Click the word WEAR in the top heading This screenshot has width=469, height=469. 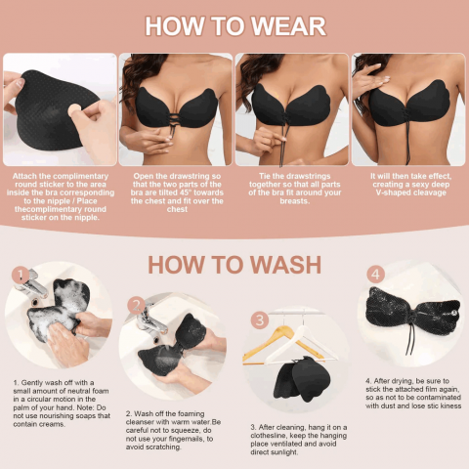point(288,26)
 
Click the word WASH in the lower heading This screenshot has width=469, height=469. point(285,265)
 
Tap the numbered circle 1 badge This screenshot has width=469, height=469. point(21,276)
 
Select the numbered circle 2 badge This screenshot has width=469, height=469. point(136,305)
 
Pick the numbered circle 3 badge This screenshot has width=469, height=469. point(260,320)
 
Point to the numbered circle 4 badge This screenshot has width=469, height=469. point(376,275)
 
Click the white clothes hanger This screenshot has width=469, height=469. point(301,345)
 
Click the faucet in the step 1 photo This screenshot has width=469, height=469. point(30,284)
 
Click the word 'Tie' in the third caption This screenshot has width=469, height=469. point(265,176)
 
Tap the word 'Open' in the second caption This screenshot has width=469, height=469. point(143,176)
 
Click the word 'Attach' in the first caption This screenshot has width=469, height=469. point(24,176)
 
